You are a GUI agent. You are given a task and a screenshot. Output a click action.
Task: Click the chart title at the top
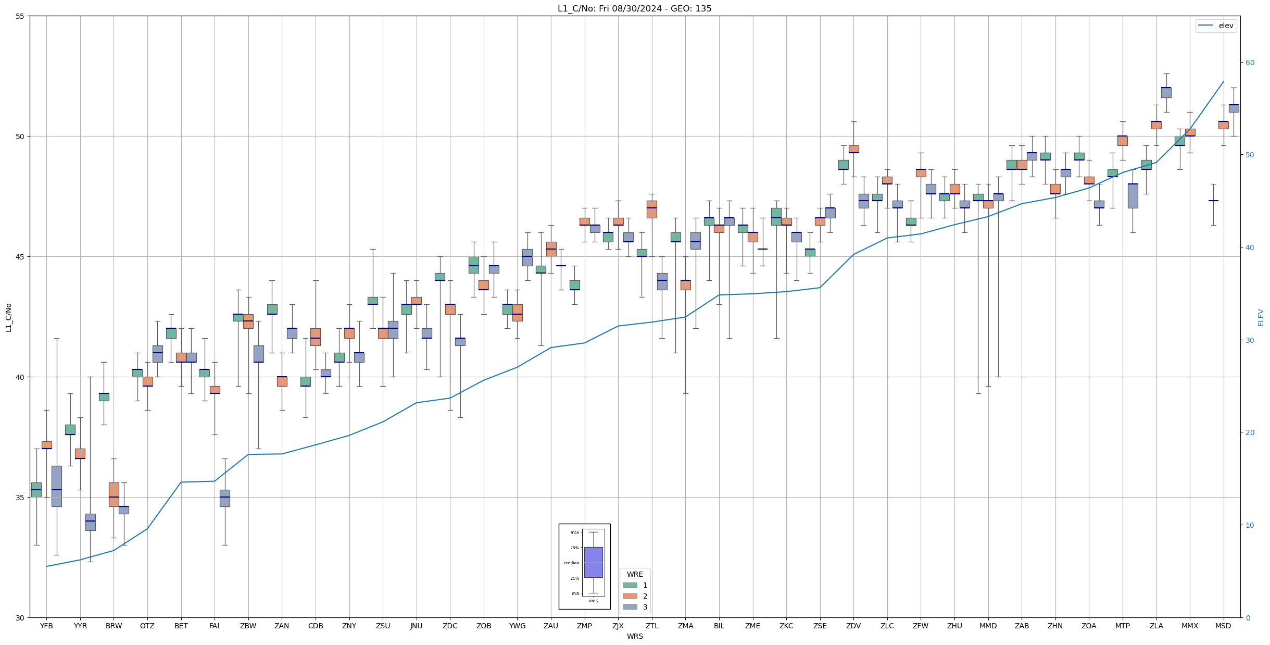click(634, 8)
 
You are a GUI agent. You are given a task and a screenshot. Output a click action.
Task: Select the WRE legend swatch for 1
click(630, 585)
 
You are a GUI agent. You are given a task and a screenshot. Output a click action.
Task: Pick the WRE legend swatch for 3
click(630, 607)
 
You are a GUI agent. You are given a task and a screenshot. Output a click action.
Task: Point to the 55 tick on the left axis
click(20, 16)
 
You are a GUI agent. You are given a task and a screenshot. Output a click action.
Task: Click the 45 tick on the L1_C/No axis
click(20, 257)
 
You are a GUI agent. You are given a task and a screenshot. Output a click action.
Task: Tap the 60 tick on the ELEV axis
click(1250, 63)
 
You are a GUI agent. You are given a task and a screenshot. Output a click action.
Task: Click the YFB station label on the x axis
click(46, 626)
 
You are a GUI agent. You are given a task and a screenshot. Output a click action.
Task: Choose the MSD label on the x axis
click(1223, 626)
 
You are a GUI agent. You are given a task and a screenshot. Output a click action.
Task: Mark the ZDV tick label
click(853, 626)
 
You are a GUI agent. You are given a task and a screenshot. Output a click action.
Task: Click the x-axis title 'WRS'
click(635, 636)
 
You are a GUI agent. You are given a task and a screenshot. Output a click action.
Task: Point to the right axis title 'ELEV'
click(1261, 317)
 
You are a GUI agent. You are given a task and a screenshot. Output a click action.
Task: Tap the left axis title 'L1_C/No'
click(8, 317)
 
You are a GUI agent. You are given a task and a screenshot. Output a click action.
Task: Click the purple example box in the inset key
click(593, 562)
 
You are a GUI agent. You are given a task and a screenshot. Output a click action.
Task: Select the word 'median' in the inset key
click(571, 563)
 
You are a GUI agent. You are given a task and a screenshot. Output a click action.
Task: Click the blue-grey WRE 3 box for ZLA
click(1166, 92)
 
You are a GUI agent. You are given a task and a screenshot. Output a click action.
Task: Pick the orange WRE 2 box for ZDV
click(854, 149)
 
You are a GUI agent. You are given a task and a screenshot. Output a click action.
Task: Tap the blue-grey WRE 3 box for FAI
click(224, 498)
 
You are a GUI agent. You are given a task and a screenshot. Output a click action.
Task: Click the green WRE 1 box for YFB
click(36, 490)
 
